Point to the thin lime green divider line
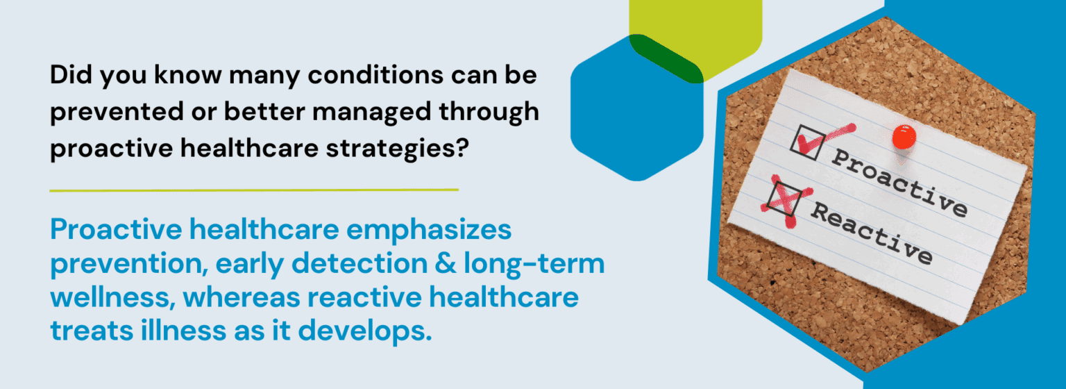pos(254,190)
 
